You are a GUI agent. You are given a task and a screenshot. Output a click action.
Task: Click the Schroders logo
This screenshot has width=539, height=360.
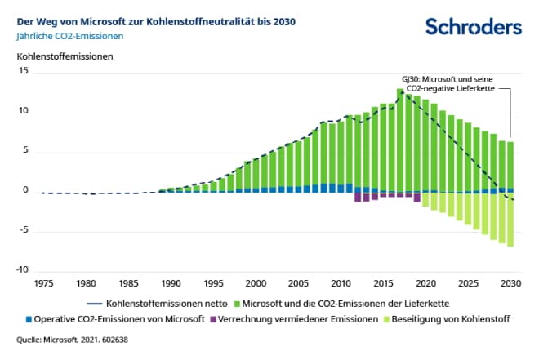pyautogui.click(x=474, y=27)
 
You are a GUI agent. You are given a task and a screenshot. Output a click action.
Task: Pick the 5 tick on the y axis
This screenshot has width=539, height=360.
pyautogui.click(x=24, y=151)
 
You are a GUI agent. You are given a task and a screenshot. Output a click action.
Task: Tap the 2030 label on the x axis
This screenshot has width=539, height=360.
pyautogui.click(x=511, y=284)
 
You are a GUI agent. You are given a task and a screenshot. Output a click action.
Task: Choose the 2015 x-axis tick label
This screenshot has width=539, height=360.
pyautogui.click(x=384, y=284)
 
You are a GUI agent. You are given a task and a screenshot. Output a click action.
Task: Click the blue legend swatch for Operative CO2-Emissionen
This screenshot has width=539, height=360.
pyautogui.click(x=28, y=318)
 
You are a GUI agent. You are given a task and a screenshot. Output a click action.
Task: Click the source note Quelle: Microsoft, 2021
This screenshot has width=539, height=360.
pyautogui.click(x=71, y=339)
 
